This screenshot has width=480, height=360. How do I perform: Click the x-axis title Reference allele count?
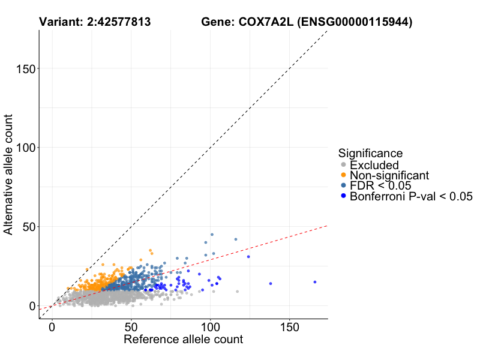[x=183, y=340]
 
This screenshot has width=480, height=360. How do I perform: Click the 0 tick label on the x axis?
[x=52, y=328]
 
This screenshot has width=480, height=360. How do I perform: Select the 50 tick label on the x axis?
[x=131, y=328]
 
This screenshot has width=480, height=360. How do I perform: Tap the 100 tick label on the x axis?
[x=211, y=328]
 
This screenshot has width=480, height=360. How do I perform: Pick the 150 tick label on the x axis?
[x=290, y=328]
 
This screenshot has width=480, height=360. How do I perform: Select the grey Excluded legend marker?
[x=343, y=165]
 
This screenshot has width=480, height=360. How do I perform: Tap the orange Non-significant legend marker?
[x=343, y=175]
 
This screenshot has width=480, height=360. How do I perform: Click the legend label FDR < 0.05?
[x=380, y=185]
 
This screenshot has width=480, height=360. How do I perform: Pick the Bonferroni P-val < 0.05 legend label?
[x=412, y=196]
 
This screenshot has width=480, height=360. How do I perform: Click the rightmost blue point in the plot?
[x=314, y=282]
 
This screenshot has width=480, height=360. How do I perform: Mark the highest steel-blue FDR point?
[x=212, y=235]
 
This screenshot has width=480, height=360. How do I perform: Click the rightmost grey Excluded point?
[x=238, y=292]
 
